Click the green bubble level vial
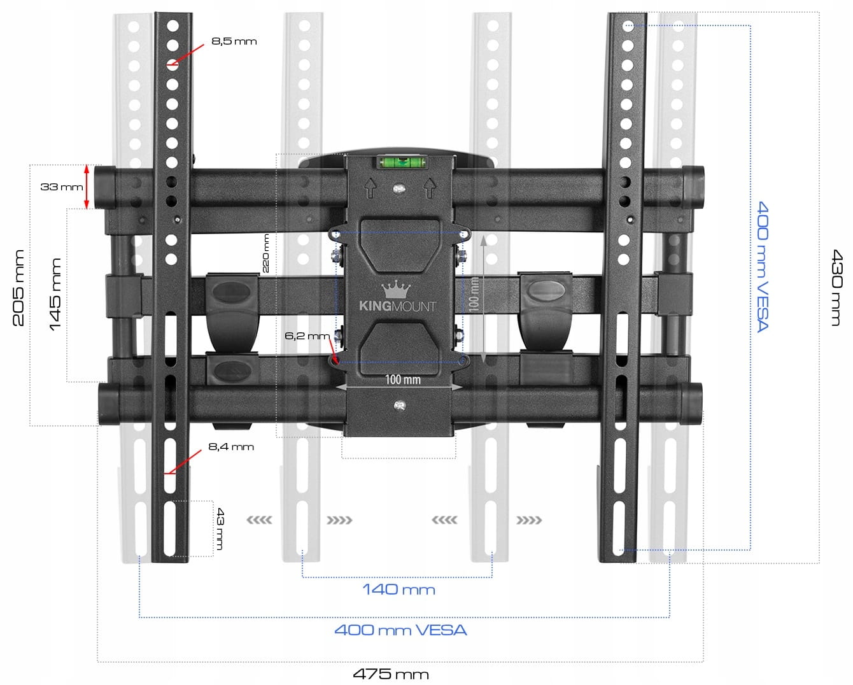[x=402, y=162]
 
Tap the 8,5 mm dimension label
[x=234, y=41]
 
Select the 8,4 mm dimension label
[x=231, y=447]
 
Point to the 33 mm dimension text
[x=62, y=187]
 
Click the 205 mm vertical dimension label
[x=18, y=288]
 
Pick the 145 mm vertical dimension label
[x=55, y=294]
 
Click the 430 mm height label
[x=836, y=288]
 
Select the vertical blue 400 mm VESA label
[x=763, y=266]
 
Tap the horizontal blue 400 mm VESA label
[x=400, y=630]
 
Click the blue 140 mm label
[x=398, y=590]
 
